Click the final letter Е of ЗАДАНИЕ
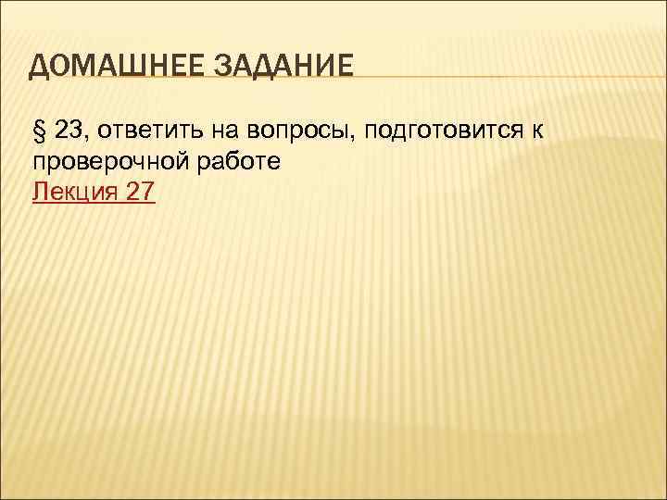pyautogui.click(x=344, y=68)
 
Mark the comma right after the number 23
pyautogui.click(x=84, y=137)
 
